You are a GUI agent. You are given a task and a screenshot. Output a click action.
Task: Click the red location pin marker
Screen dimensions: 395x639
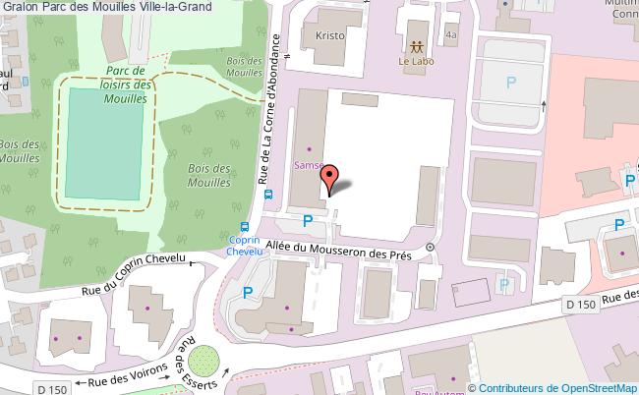pos(331,177)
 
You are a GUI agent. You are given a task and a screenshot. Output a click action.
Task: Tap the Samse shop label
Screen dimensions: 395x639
pos(308,165)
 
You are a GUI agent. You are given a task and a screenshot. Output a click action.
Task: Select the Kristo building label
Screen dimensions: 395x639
pos(328,34)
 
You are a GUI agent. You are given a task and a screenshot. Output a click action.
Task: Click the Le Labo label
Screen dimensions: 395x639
pos(416,62)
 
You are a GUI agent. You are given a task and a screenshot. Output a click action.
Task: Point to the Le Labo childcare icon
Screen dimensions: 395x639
pos(416,46)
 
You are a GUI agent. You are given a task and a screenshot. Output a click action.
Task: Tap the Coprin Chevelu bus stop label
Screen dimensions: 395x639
pos(243,246)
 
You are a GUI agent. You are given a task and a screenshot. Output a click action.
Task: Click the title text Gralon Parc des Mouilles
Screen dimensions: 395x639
pos(104,8)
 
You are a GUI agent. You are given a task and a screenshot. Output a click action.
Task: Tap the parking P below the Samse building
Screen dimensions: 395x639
pos(308,222)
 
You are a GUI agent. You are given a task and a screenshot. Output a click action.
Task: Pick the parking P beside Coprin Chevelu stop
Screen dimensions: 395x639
pos(248,292)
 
